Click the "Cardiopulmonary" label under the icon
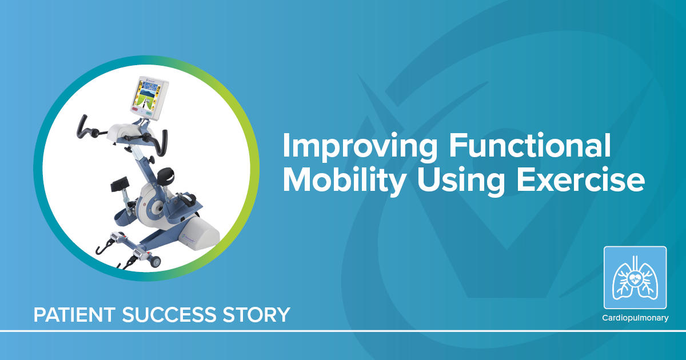pyautogui.click(x=635, y=318)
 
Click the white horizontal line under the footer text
pyautogui.click(x=343, y=330)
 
